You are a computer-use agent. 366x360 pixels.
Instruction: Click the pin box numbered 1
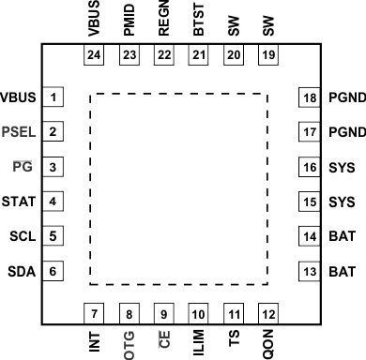click(x=55, y=97)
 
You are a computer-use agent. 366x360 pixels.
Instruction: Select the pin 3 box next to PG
click(x=55, y=167)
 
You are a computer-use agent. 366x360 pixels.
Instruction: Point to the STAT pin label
click(x=20, y=202)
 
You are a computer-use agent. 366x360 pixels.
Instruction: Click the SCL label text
click(x=22, y=236)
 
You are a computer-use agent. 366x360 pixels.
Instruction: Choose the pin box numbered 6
click(x=55, y=271)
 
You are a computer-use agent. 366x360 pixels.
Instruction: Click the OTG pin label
click(x=129, y=340)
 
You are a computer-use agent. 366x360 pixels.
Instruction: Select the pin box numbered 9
click(x=163, y=313)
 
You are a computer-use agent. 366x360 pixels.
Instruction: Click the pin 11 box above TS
click(x=234, y=313)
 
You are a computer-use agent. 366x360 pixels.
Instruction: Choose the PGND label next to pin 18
click(x=343, y=97)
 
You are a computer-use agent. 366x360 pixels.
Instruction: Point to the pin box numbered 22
click(x=163, y=56)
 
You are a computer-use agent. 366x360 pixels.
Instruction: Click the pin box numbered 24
click(x=94, y=56)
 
